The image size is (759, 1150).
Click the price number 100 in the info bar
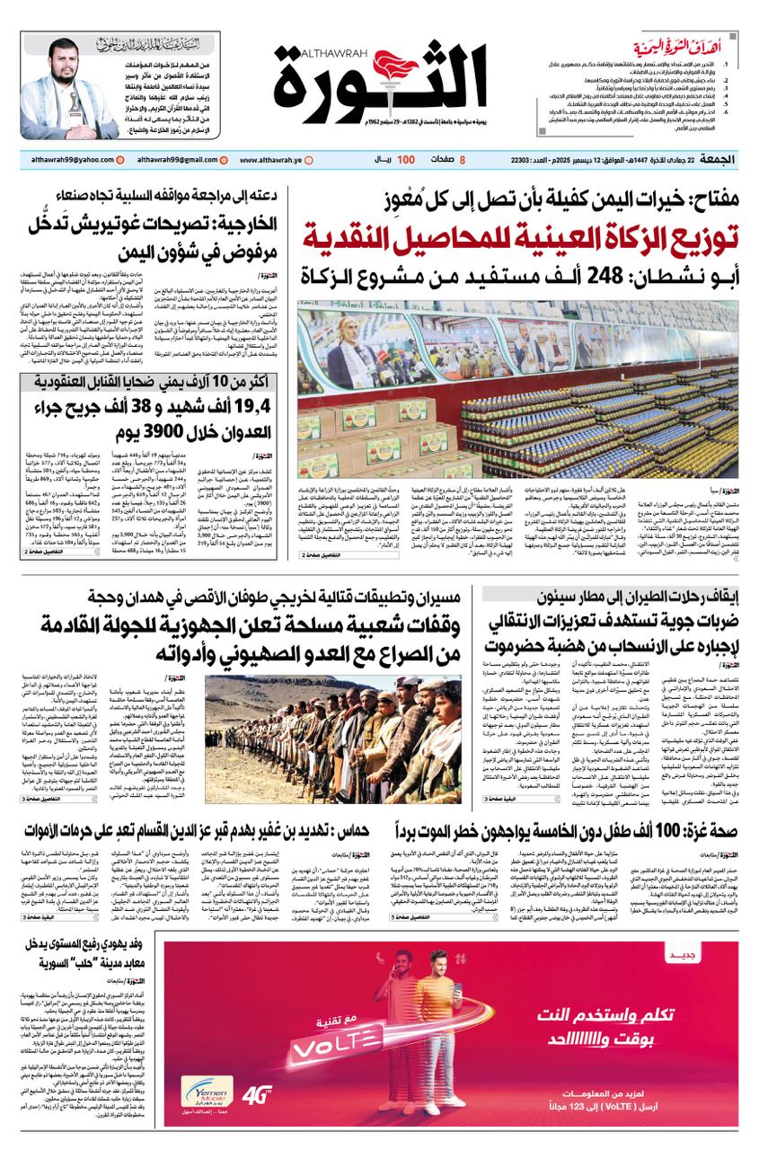[x=406, y=159]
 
